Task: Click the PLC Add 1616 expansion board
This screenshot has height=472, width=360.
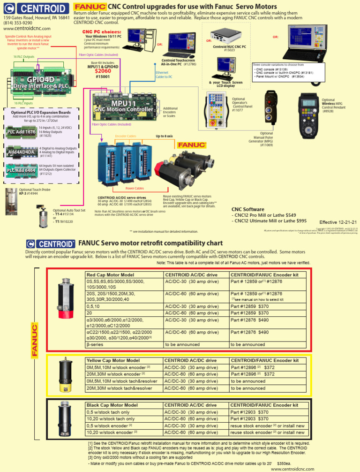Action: pyautogui.click(x=22, y=132)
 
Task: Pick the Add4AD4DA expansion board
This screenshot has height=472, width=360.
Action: pyautogui.click(x=22, y=152)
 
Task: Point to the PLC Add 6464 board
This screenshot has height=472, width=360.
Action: pyautogui.click(x=22, y=170)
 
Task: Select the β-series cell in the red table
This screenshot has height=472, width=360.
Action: pyautogui.click(x=96, y=343)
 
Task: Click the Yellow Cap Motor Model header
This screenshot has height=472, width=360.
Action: pyautogui.click(x=115, y=361)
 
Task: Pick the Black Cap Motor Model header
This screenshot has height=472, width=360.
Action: pyautogui.click(x=112, y=405)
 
